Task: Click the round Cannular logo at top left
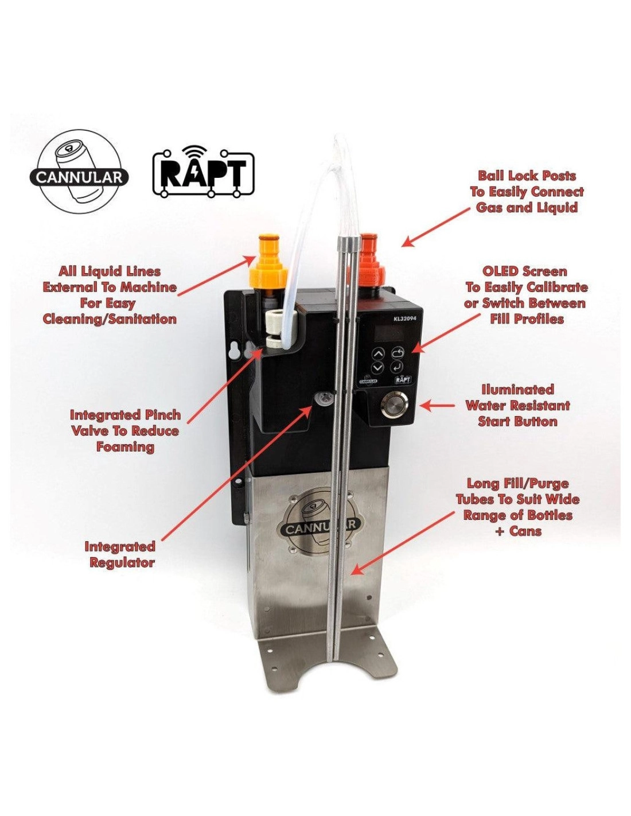pyautogui.click(x=80, y=172)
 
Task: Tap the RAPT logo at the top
pyautogui.click(x=204, y=172)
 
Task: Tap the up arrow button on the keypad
pyautogui.click(x=379, y=353)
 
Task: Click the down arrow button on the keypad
pyautogui.click(x=378, y=367)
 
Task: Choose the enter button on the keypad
pyautogui.click(x=397, y=366)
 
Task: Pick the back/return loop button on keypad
pyautogui.click(x=397, y=352)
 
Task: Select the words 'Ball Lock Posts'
pyautogui.click(x=527, y=176)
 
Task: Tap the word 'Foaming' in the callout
pyautogui.click(x=126, y=447)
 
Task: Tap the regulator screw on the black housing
pyautogui.click(x=324, y=398)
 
